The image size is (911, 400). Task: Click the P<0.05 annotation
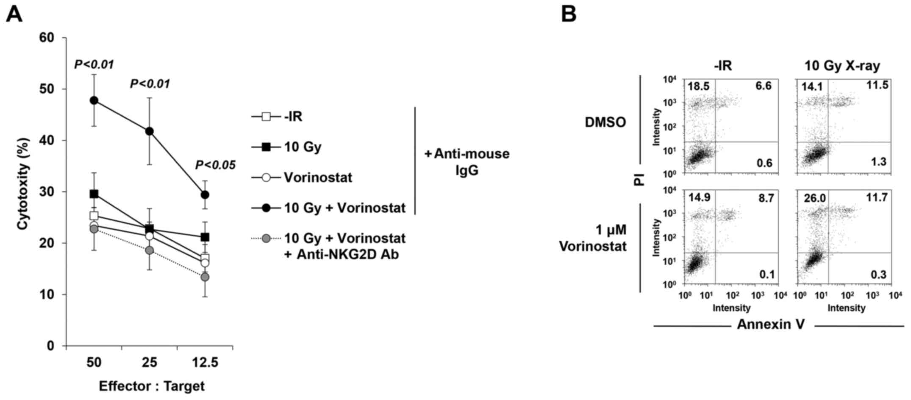point(215,165)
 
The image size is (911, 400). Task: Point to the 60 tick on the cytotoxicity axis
point(47,38)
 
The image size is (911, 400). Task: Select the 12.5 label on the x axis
point(205,363)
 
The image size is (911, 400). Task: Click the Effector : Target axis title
point(152,386)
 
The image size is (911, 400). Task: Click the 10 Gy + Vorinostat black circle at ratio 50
point(94,100)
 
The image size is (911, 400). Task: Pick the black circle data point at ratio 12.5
point(205,195)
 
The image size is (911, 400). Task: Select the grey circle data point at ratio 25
point(149,250)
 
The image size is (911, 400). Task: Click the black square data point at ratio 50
point(94,194)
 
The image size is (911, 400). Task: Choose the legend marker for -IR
point(266,116)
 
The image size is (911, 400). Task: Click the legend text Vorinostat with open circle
point(318,177)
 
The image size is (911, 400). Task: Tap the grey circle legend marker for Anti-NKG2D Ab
point(266,239)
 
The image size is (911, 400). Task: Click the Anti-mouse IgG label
point(467,161)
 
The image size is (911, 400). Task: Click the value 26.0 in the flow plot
point(812,198)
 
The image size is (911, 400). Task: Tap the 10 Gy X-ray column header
point(842,66)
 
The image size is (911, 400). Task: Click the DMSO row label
point(605,122)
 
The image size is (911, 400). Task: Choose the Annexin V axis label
point(770,324)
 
